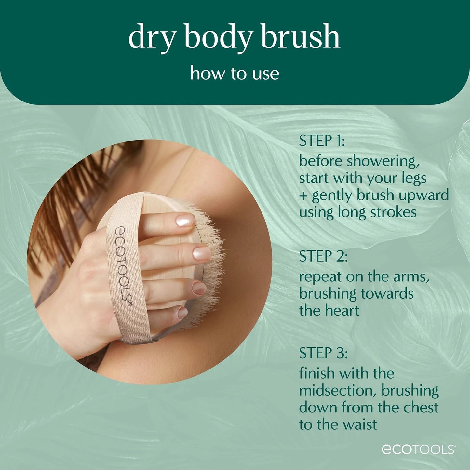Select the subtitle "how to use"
coord(235,73)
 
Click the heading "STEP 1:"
coord(321,141)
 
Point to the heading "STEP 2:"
coord(323,256)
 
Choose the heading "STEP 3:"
coord(323,353)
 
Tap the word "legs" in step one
coord(414,178)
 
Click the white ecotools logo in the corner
coord(418,449)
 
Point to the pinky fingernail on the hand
coord(182,313)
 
